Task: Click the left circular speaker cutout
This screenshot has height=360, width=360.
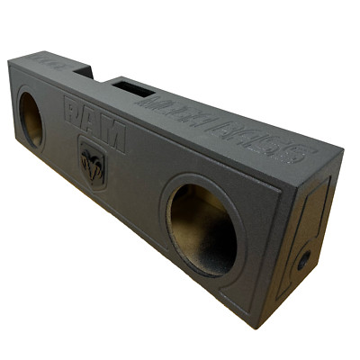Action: (x=31, y=118)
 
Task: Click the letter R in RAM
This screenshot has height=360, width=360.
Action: (x=74, y=111)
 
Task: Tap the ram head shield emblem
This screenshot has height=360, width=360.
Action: (x=92, y=164)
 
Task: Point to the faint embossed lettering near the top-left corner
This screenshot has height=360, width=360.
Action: (x=45, y=62)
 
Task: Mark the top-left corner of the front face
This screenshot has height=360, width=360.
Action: (x=9, y=60)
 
